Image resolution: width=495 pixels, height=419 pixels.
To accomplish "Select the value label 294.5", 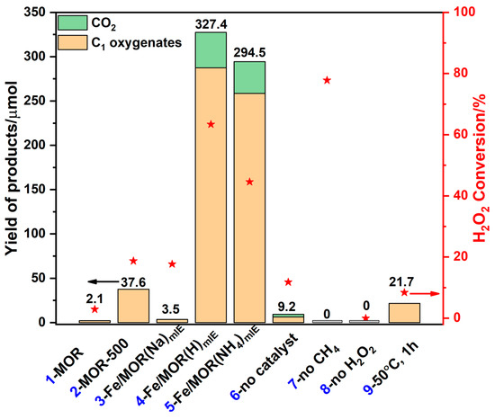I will click(249, 52).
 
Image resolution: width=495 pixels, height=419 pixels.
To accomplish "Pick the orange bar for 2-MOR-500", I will click(133, 305).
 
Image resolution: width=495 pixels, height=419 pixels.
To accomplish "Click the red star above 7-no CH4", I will click(327, 80).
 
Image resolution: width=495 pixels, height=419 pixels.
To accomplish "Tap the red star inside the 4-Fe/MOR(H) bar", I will click(211, 124).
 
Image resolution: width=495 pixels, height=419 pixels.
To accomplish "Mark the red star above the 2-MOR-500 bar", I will click(133, 261).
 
